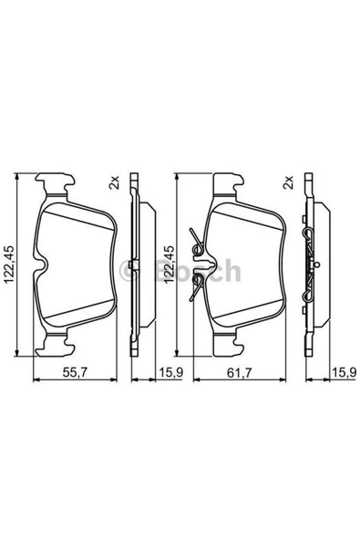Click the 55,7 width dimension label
[x=76, y=372]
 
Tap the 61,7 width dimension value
[x=240, y=372]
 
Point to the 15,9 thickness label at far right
[x=344, y=372]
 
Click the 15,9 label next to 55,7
[x=170, y=372]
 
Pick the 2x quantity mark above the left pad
[x=114, y=182]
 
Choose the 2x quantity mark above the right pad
[x=288, y=182]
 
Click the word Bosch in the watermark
[x=198, y=271]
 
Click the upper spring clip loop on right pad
[x=197, y=249]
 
